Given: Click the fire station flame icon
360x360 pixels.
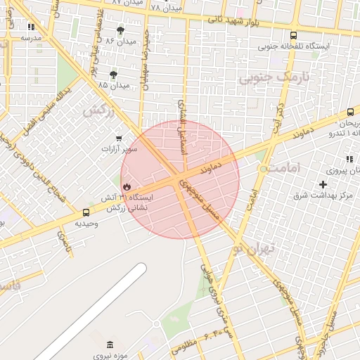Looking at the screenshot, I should [x=127, y=186].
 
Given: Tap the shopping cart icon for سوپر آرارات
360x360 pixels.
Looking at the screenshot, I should [x=119, y=138].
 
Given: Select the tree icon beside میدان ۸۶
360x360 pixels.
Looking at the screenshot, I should [x=120, y=30].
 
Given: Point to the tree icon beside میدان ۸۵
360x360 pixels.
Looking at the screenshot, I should [x=113, y=74].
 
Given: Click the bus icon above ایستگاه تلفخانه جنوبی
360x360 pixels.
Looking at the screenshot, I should [x=293, y=36].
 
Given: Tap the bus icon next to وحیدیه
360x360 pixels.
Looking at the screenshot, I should [x=86, y=212].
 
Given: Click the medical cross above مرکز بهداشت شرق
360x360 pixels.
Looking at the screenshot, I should [x=323, y=184].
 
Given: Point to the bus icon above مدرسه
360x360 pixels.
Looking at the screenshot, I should [x=31, y=27].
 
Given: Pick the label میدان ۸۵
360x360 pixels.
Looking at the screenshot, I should [x=114, y=85].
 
